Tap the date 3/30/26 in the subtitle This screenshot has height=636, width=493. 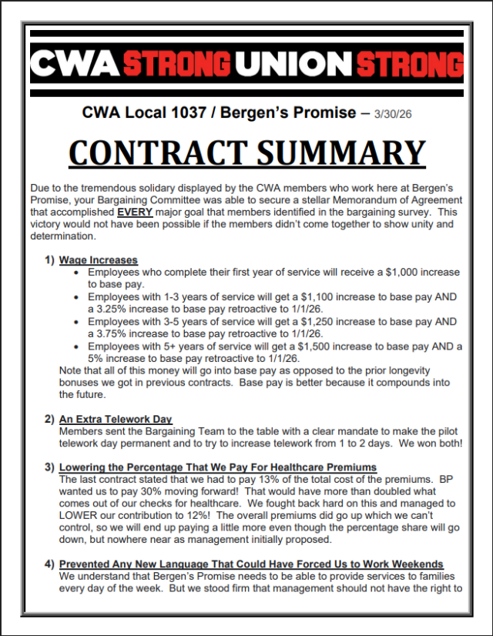pos(393,113)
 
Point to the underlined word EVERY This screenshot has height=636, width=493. pos(132,212)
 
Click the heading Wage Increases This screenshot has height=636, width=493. pos(99,260)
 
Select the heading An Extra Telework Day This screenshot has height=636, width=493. pos(116,419)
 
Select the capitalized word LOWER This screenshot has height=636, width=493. pos(79,516)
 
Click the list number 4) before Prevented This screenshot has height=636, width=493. pos(49,564)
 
